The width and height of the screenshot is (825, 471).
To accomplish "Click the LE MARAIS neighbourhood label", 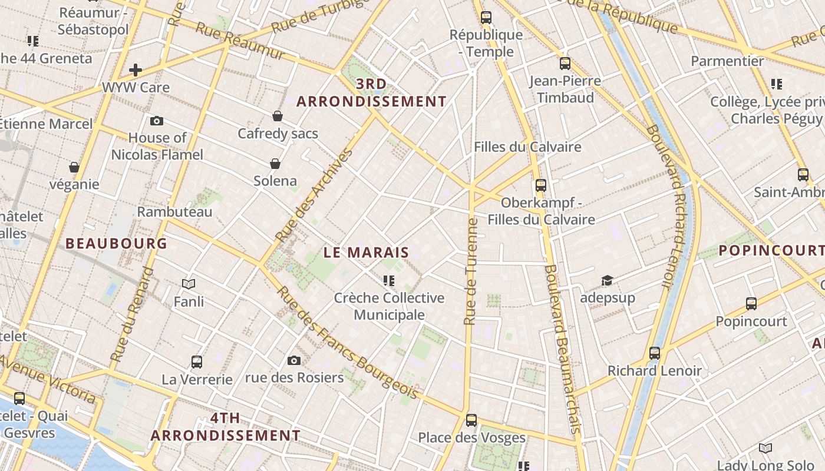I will coord(366,253).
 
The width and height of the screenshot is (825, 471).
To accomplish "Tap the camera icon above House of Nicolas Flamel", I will coord(157,121).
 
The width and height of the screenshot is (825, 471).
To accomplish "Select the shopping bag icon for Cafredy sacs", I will coord(278,116).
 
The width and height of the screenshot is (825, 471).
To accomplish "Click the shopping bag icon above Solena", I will coord(275,163).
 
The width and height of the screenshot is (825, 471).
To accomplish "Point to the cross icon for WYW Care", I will coord(136,70).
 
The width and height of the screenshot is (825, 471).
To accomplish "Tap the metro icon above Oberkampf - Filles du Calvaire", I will coord(541,185).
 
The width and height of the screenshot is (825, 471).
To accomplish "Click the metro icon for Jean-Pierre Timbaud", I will coord(565,64).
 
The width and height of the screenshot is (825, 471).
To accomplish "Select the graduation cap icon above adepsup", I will coord(607,280).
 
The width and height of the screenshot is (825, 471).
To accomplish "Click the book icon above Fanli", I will coord(189,284).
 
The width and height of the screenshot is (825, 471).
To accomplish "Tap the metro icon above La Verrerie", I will coord(197,361).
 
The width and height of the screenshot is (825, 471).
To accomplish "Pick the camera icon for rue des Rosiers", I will coord(293,360).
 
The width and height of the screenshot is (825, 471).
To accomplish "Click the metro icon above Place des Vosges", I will coord(471,420).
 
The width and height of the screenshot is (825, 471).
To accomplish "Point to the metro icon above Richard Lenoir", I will coord(655,353).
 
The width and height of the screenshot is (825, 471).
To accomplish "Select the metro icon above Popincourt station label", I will coord(751,304).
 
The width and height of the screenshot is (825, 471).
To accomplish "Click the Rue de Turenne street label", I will coord(471,271).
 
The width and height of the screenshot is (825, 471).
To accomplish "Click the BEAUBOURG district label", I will coord(116,243).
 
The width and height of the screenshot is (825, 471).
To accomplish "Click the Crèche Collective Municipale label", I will coord(389,306).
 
